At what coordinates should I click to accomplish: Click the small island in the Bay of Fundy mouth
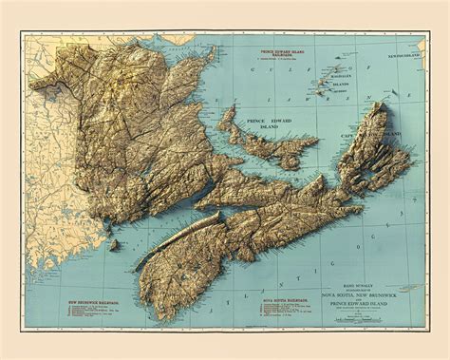[113, 245]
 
